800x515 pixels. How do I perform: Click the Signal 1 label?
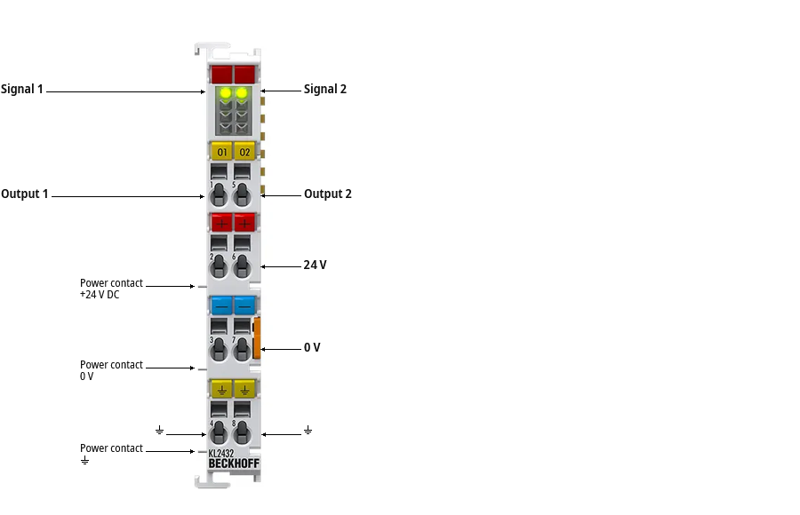22,89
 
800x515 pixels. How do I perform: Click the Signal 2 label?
325,89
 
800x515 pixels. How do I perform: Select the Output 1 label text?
25,194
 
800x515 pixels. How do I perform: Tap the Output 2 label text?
327,194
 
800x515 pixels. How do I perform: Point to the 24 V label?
315,265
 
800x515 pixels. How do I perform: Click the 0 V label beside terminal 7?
312,347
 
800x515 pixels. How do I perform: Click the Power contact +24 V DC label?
111,289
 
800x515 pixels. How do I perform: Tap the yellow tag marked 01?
222,152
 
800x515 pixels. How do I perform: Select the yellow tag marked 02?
245,152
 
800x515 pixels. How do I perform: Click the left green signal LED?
224,93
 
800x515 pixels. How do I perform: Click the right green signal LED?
241,93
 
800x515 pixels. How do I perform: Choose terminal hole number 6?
242,265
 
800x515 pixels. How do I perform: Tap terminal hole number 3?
219,349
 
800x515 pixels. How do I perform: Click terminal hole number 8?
242,432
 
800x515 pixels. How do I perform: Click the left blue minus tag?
222,305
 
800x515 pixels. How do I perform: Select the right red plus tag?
245,223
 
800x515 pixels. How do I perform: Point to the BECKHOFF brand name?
234,463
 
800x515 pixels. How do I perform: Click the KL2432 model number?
221,454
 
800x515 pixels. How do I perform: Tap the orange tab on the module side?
257,337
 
